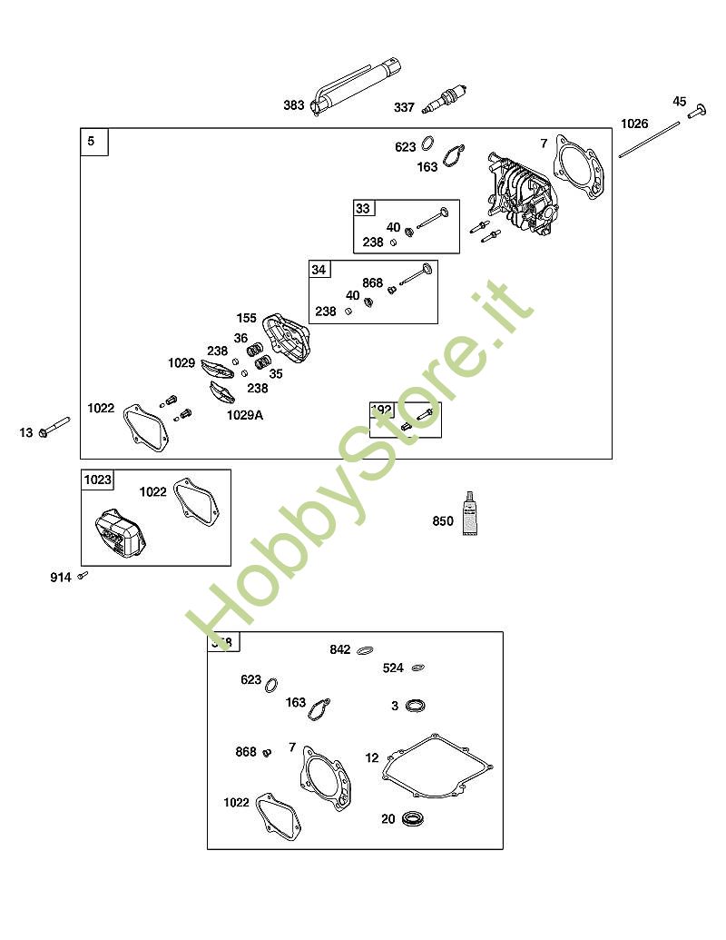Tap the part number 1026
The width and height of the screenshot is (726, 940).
point(634,124)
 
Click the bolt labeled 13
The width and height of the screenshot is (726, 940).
point(55,428)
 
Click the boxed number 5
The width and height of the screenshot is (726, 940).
point(92,141)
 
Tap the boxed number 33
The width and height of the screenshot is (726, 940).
point(363,208)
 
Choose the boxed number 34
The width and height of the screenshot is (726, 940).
point(319,270)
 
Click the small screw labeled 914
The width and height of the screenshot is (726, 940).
point(83,575)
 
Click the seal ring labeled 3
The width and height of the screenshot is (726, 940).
point(416,706)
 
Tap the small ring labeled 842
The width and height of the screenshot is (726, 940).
point(366,650)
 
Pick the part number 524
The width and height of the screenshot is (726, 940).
point(393,668)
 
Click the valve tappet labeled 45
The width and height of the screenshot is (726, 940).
point(696,111)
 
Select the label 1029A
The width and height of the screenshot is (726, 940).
point(244,414)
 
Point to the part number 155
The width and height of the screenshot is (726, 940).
point(247,318)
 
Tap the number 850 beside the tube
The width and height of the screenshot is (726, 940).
point(443,521)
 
